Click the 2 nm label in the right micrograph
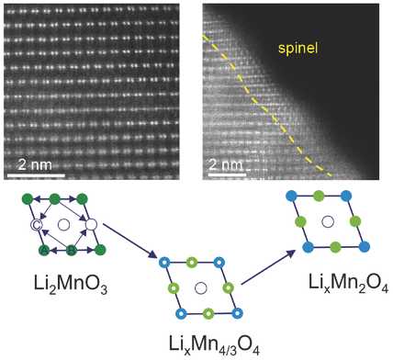pos(227,166)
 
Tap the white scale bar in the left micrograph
pos(37,174)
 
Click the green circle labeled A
pos(42,250)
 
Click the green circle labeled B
pos(72,250)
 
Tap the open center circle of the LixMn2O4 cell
pos(327,221)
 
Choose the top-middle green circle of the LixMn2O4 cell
pos(320,196)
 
